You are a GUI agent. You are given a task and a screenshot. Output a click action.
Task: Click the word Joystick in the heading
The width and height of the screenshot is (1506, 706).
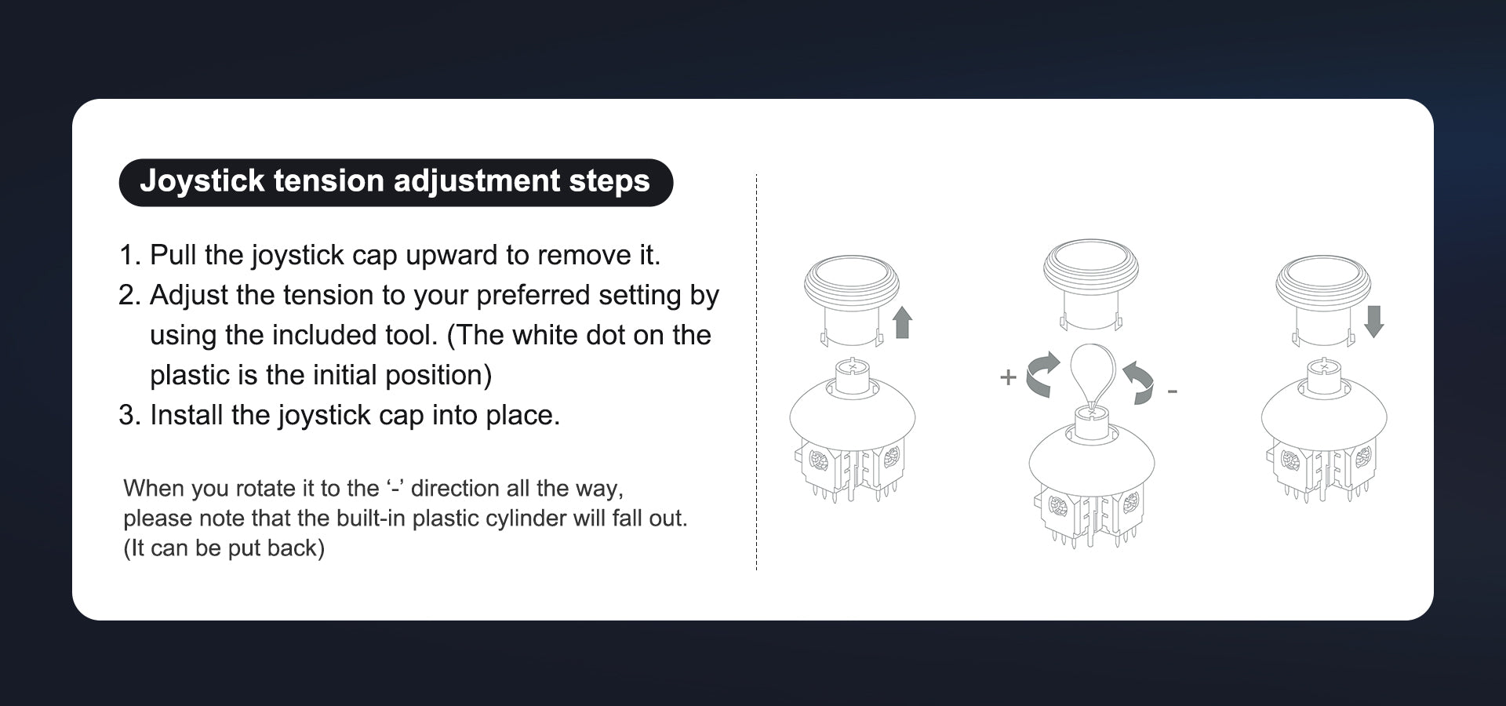point(202,181)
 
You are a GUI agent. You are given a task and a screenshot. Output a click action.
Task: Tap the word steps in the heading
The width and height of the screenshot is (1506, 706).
point(609,182)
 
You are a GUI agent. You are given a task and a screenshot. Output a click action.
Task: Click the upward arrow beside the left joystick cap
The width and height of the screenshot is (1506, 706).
point(903,322)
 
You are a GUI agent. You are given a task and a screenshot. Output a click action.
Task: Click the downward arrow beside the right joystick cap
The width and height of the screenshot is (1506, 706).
point(1373,322)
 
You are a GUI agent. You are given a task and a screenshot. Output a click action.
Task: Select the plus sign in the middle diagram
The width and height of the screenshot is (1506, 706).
point(1008,377)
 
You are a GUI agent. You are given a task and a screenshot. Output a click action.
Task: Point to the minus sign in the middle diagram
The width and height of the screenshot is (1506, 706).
point(1172,391)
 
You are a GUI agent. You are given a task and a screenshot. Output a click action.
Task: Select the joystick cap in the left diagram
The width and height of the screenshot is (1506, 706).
point(852,301)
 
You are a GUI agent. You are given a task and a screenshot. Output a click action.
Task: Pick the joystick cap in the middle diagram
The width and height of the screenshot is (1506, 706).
point(1090,284)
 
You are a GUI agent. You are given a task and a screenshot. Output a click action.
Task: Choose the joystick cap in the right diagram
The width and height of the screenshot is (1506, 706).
point(1323,300)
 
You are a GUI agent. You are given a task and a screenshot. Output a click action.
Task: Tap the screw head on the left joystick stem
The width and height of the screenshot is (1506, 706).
point(852,366)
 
